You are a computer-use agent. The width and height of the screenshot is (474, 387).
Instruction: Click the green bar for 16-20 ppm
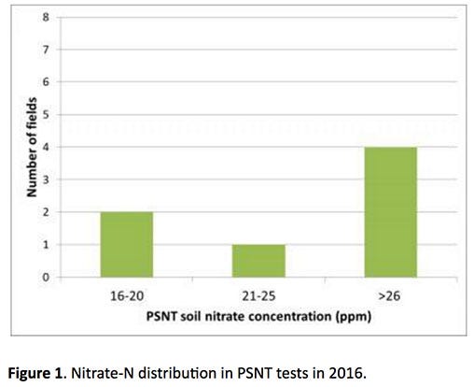(126, 244)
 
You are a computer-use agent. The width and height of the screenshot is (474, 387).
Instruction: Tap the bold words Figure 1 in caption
(42, 365)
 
